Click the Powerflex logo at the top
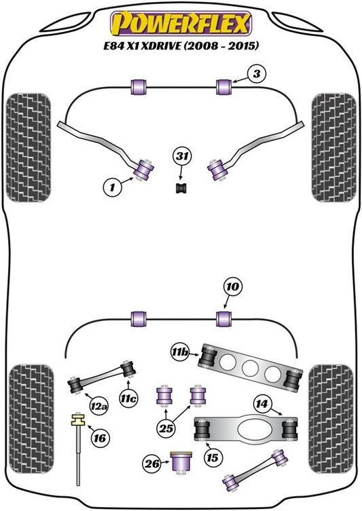click(x=181, y=24)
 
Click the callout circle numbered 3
click(x=257, y=74)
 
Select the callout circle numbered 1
click(x=113, y=187)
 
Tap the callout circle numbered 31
click(x=182, y=157)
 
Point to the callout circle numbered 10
click(x=233, y=287)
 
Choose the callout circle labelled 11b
click(x=180, y=352)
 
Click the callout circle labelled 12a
click(x=99, y=406)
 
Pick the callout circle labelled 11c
click(x=128, y=398)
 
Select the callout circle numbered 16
click(x=99, y=438)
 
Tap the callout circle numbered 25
click(x=166, y=428)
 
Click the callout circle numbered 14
click(x=261, y=404)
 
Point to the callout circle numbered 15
click(x=213, y=457)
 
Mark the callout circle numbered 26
click(x=152, y=463)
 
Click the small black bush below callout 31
click(x=181, y=188)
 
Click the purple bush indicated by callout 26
click(x=181, y=461)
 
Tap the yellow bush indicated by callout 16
click(x=78, y=419)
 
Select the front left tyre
click(x=29, y=148)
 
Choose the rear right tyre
click(x=331, y=419)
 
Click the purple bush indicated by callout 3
click(x=223, y=87)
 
